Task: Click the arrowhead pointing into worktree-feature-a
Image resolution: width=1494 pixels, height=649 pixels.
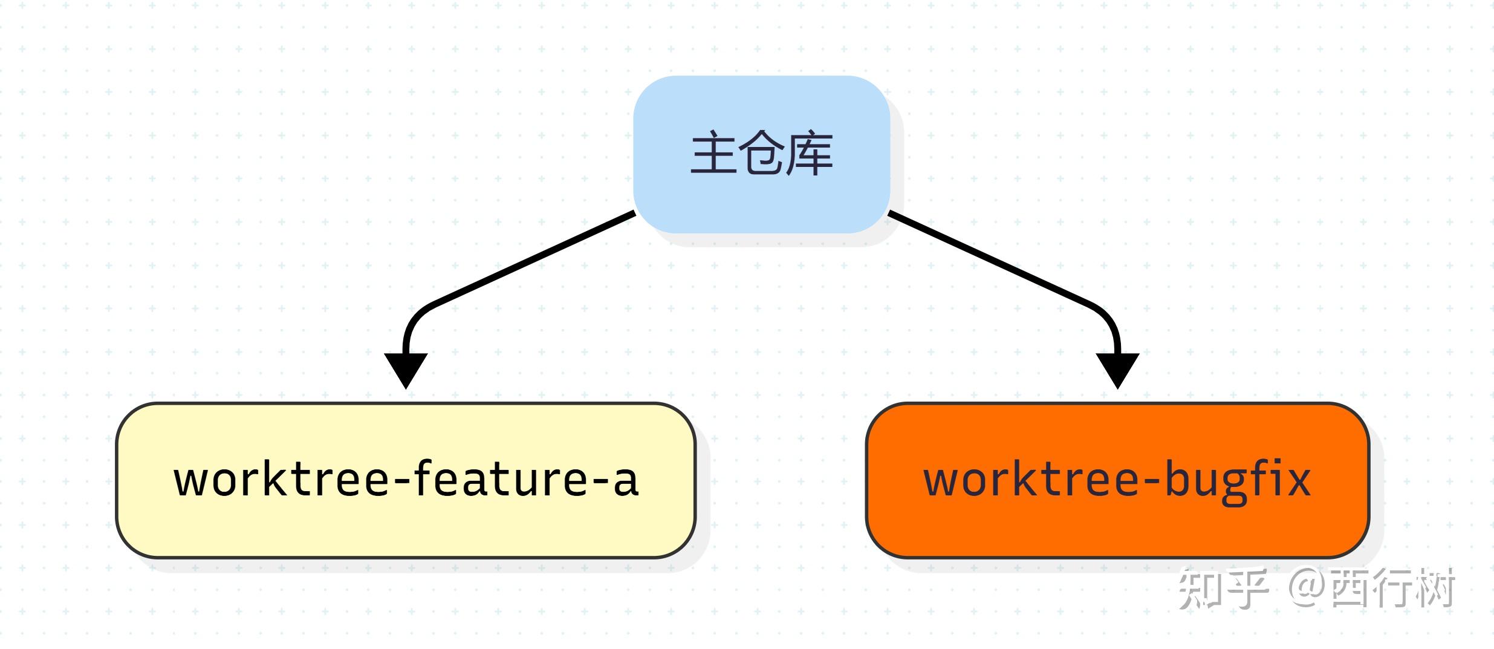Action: (406, 369)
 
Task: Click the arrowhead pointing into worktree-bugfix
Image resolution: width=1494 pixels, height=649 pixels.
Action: (1117, 369)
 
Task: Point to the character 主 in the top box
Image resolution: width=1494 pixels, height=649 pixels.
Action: (714, 154)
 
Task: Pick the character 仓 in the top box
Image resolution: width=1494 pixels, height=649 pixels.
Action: (761, 154)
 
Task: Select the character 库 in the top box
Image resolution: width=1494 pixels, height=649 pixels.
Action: (809, 154)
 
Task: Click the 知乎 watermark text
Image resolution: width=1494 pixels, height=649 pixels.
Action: (1223, 589)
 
